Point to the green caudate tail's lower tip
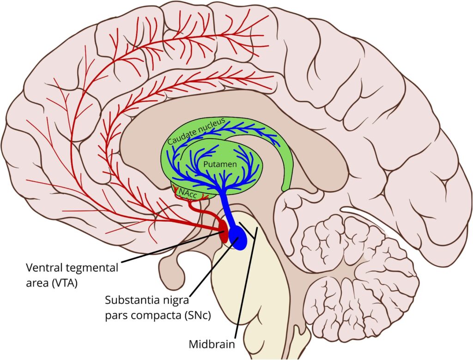(x=285, y=187)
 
